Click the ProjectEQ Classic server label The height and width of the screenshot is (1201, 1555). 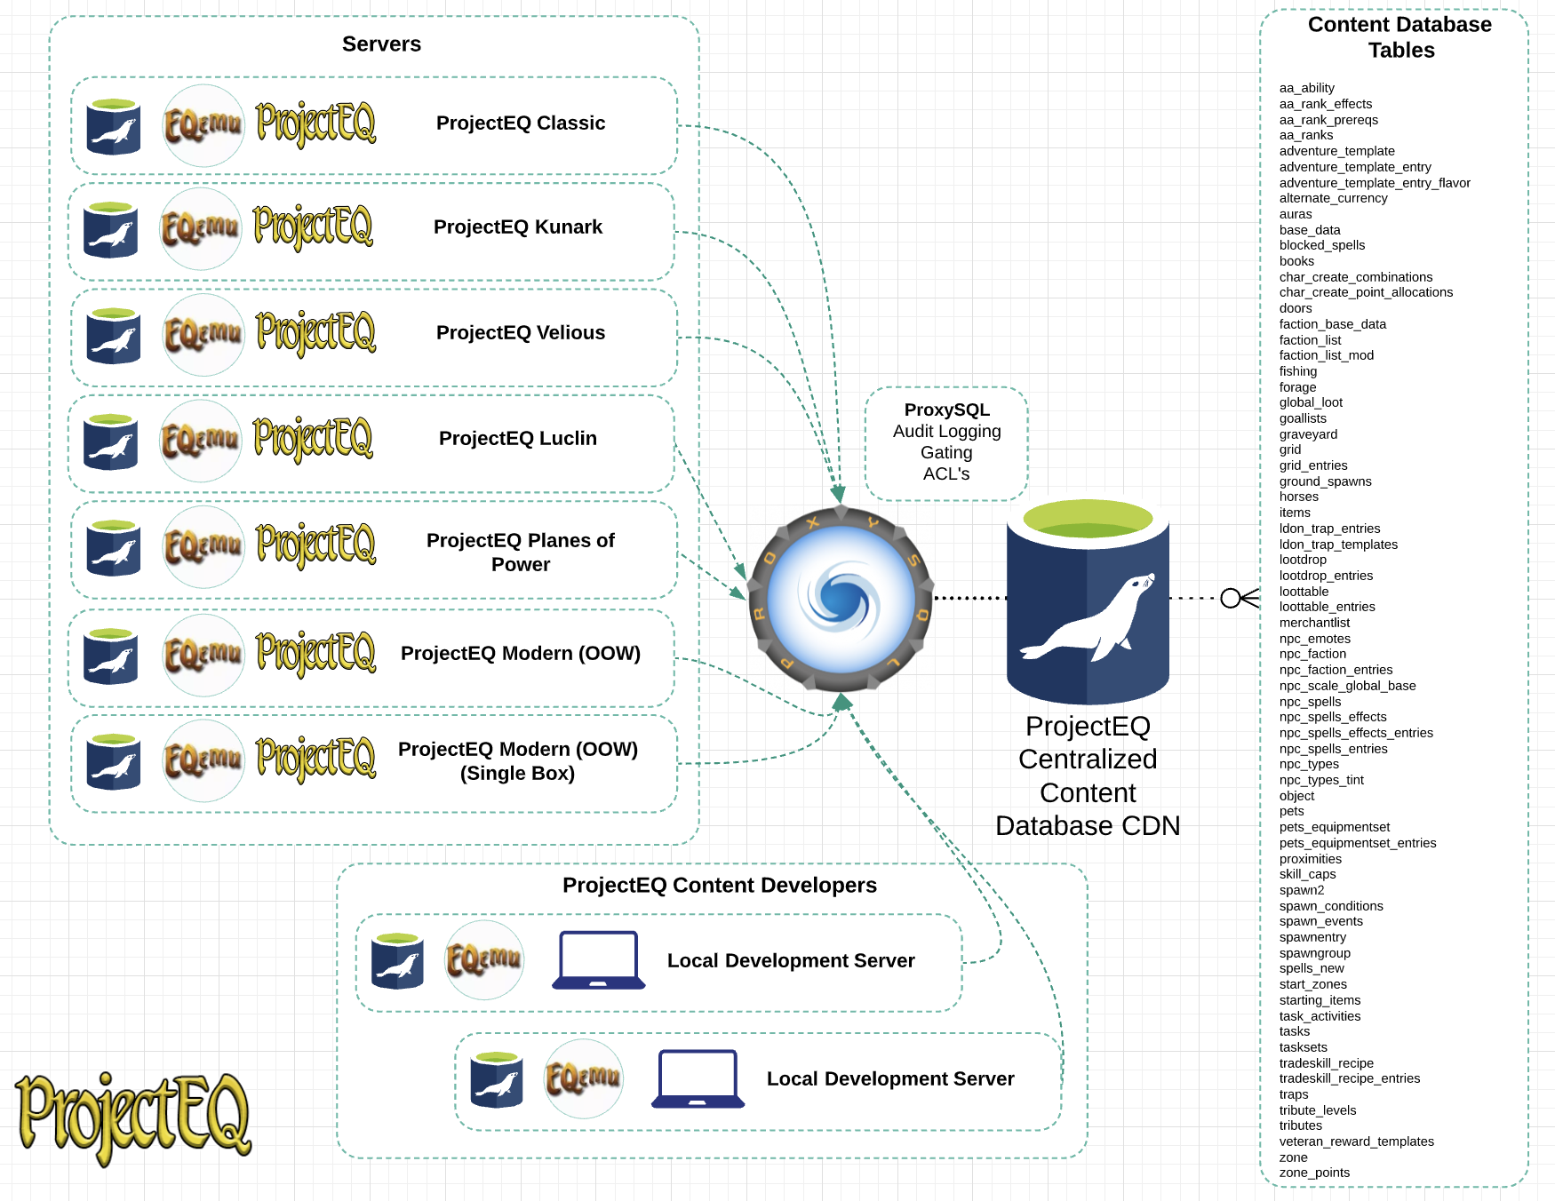click(x=521, y=123)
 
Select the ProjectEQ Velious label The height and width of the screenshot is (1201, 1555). click(x=521, y=333)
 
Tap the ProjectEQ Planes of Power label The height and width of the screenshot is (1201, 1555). click(x=521, y=553)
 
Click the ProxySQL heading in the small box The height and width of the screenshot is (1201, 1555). click(x=946, y=410)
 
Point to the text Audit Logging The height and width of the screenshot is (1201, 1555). click(x=946, y=432)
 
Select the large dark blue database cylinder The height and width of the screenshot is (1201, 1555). click(x=1088, y=613)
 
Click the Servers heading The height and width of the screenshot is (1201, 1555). click(x=381, y=44)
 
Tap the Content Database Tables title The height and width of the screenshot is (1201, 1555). click(x=1400, y=37)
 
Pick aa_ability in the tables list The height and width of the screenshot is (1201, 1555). click(x=1306, y=88)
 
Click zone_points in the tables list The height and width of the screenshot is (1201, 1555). click(x=1314, y=1173)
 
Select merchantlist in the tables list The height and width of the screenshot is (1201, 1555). click(x=1314, y=623)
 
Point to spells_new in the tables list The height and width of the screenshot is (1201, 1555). click(x=1312, y=968)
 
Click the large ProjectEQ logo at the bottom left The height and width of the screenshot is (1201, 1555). click(x=133, y=1117)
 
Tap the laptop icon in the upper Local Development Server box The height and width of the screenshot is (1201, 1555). click(x=598, y=960)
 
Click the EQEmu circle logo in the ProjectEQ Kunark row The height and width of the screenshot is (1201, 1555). click(x=201, y=229)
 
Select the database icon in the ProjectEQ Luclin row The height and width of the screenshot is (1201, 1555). click(x=111, y=441)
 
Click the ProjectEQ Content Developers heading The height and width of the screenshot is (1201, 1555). click(x=719, y=886)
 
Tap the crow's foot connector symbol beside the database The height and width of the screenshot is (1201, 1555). click(x=1239, y=599)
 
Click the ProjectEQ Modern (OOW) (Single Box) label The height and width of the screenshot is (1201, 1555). click(x=518, y=761)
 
